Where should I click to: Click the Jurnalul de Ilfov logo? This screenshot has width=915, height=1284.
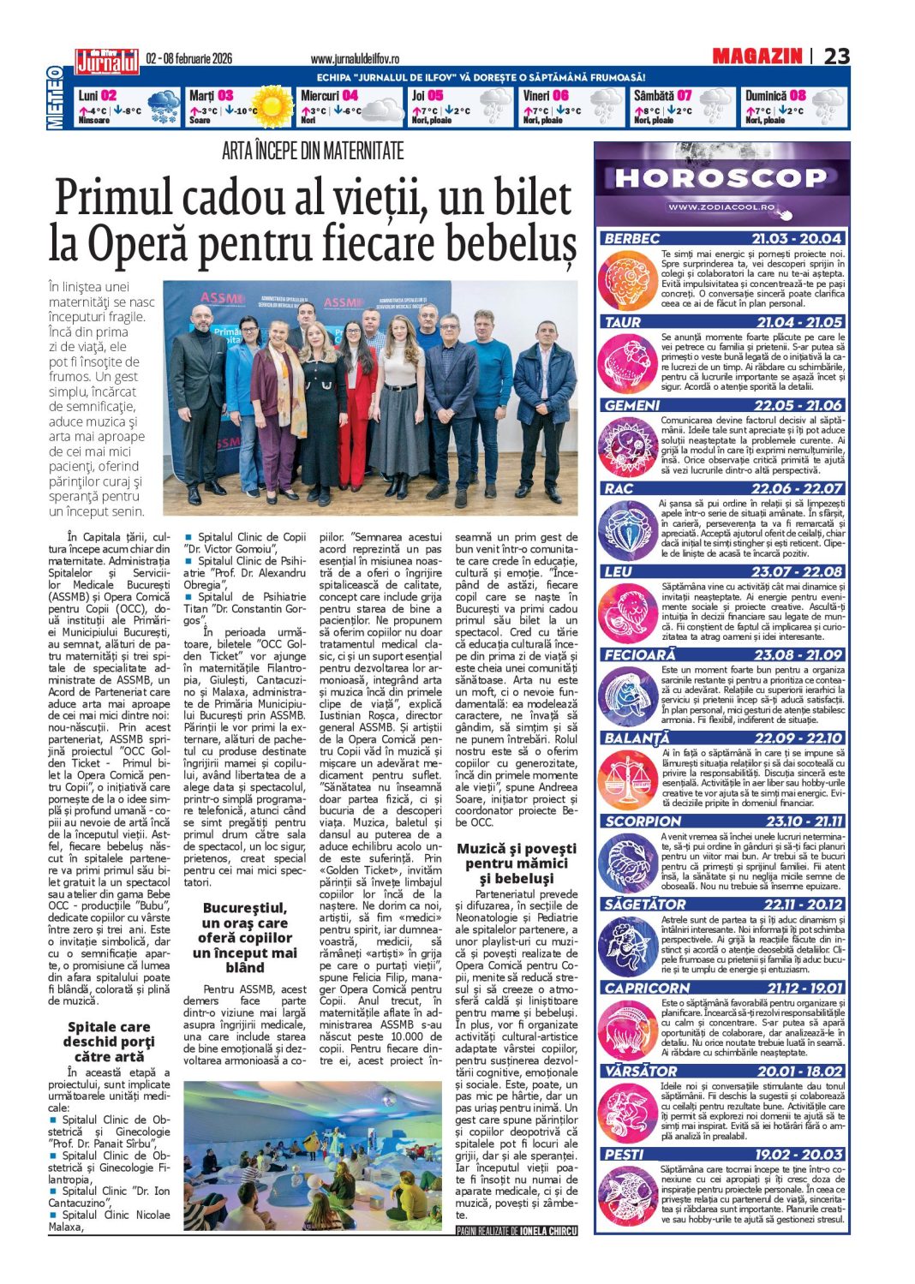click(x=106, y=61)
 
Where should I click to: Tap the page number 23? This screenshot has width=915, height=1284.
click(x=836, y=57)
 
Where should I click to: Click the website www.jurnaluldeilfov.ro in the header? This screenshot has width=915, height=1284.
click(x=355, y=59)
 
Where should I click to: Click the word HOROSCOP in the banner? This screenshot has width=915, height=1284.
click(x=721, y=178)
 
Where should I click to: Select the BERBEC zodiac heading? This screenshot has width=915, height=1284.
click(x=631, y=239)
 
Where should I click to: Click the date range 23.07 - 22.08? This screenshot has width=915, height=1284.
click(x=797, y=571)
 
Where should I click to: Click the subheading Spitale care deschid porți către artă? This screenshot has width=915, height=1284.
click(x=109, y=1041)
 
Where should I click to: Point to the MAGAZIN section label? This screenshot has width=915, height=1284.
click(x=757, y=57)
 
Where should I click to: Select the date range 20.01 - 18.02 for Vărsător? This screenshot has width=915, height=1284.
click(x=800, y=1071)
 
